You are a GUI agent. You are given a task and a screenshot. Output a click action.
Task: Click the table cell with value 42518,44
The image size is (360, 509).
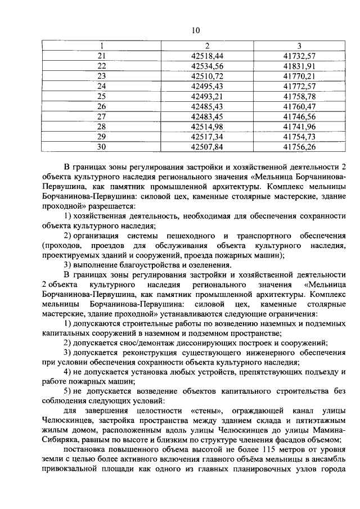208,56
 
